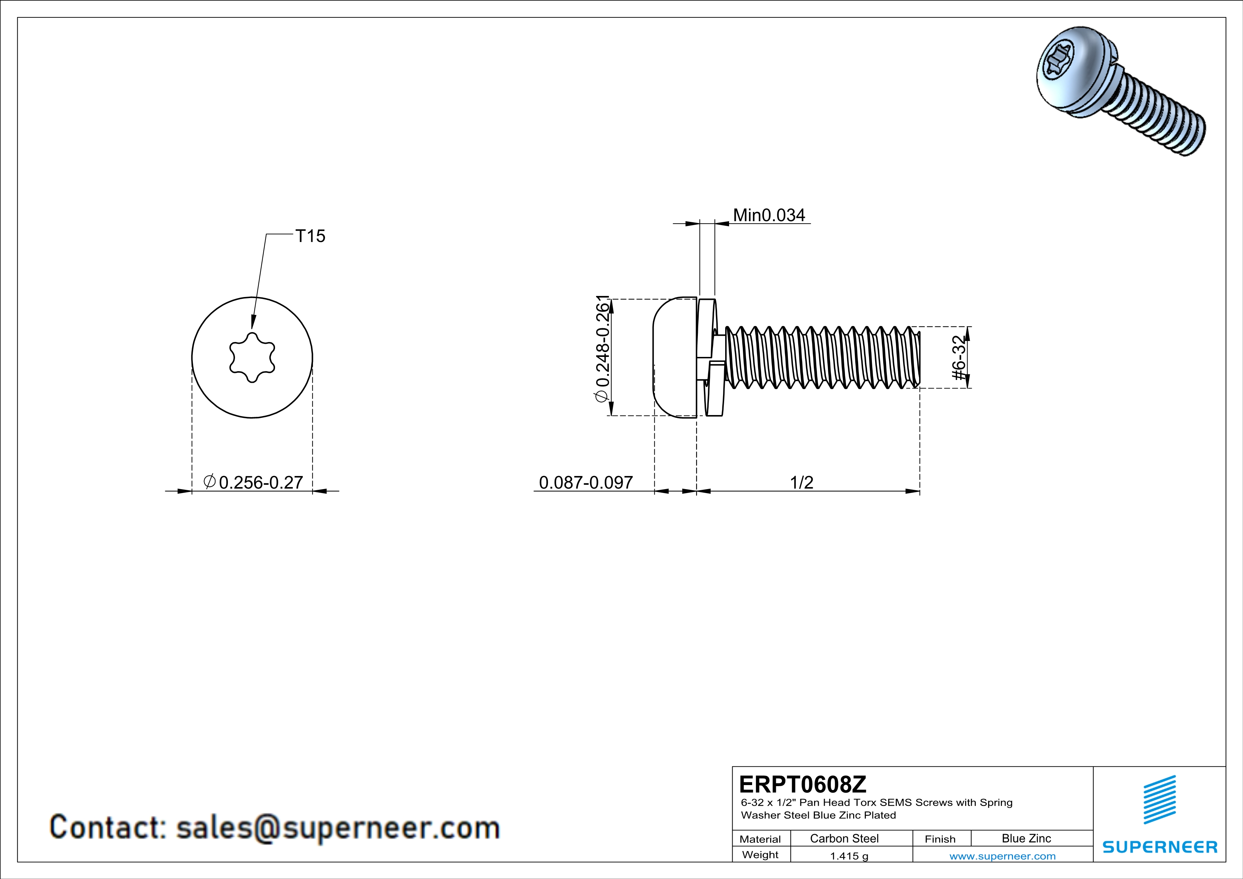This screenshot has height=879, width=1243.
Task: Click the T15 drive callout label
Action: (310, 236)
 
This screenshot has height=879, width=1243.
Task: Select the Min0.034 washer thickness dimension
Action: (769, 215)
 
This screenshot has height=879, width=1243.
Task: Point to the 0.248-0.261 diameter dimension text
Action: (603, 349)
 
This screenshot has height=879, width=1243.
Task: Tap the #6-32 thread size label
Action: (959, 357)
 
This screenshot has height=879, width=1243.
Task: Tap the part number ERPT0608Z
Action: (802, 784)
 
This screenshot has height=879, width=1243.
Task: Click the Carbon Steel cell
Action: (844, 838)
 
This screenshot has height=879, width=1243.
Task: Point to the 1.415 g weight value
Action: (849, 856)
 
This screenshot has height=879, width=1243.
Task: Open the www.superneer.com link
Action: (1002, 856)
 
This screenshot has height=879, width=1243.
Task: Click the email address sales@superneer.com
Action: (338, 828)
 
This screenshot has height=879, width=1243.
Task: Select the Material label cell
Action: (760, 839)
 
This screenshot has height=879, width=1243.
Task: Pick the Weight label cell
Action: (760, 855)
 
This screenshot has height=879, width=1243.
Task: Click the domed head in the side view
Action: (674, 357)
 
